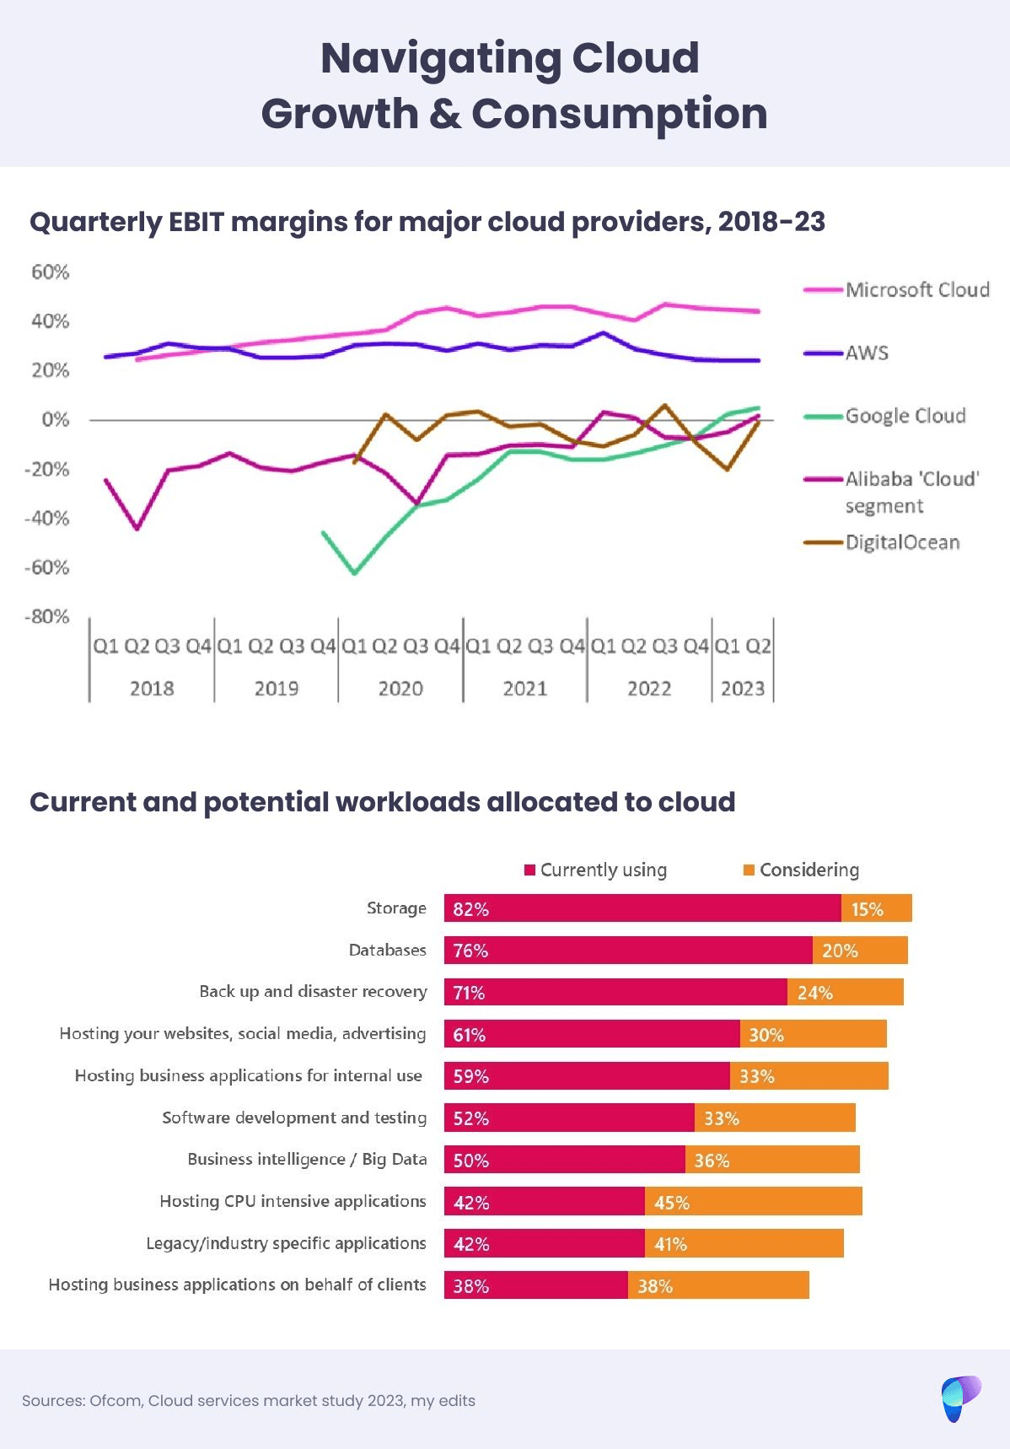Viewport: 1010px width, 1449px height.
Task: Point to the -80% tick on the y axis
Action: point(47,617)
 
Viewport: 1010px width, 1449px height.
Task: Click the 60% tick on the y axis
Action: point(51,272)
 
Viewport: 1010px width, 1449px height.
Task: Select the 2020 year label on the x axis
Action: point(400,688)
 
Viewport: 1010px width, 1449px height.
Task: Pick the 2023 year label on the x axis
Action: point(742,688)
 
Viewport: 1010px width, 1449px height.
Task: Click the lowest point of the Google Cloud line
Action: point(355,574)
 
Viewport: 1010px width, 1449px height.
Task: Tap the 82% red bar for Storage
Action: point(642,908)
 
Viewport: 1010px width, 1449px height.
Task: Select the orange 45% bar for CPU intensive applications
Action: point(753,1202)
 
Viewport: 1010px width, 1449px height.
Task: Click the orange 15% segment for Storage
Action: point(876,908)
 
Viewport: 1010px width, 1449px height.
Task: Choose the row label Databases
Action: point(388,951)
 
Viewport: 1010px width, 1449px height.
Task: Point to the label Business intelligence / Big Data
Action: point(307,1160)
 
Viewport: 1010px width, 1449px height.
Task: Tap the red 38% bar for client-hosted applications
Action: point(536,1285)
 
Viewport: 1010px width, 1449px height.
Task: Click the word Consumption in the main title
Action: point(619,114)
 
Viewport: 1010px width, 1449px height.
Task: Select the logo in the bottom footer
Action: point(960,1398)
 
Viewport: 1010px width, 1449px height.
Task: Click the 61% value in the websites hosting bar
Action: point(470,1035)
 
